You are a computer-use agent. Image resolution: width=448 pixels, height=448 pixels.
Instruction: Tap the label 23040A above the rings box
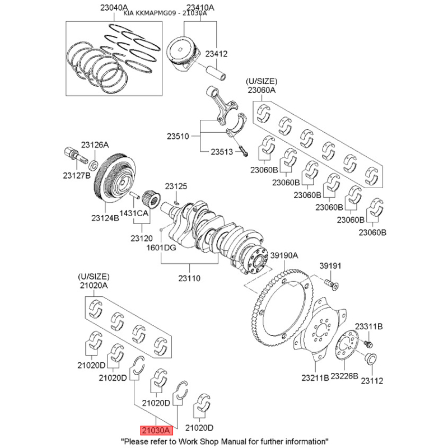[x=114, y=8]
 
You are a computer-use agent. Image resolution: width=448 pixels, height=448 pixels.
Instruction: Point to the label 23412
[x=216, y=54]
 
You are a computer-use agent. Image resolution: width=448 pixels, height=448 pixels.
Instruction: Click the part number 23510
[x=178, y=136]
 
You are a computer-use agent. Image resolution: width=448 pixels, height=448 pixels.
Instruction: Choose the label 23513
[x=222, y=152]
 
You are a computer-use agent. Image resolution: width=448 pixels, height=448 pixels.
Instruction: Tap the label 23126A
[x=95, y=144]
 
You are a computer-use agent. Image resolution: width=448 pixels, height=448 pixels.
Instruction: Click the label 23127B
[x=76, y=176]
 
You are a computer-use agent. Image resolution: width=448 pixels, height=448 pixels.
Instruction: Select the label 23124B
[x=105, y=217]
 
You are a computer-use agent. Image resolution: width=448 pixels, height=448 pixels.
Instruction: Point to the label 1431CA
[x=135, y=213]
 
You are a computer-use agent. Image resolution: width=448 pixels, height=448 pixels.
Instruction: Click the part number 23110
[x=189, y=278]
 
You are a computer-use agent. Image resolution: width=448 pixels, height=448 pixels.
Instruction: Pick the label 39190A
[x=284, y=255]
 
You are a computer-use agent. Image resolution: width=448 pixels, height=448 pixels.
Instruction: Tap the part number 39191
[x=330, y=265]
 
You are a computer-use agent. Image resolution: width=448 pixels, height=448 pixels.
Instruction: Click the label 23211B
[x=315, y=378]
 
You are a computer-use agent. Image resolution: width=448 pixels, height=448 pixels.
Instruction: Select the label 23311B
[x=368, y=326]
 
